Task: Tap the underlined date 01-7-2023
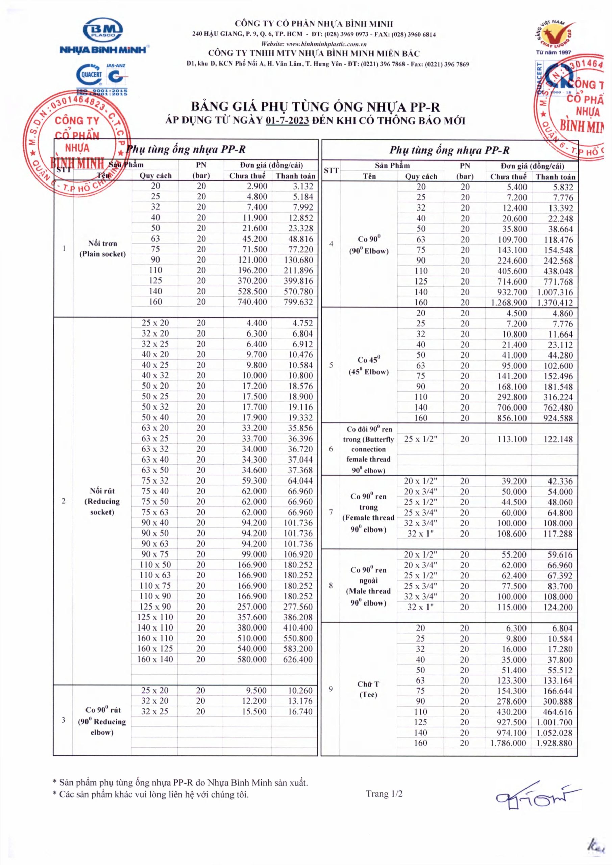(287, 121)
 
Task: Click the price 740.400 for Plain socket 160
(252, 302)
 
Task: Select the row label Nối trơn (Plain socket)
(102, 249)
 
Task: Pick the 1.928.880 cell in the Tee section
(555, 743)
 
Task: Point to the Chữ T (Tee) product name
(368, 689)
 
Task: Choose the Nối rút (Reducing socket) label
(102, 501)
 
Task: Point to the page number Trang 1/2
(384, 794)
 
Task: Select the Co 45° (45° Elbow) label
(368, 366)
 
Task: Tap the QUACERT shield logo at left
(89, 75)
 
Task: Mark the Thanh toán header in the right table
(556, 177)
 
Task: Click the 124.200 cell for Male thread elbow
(559, 607)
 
